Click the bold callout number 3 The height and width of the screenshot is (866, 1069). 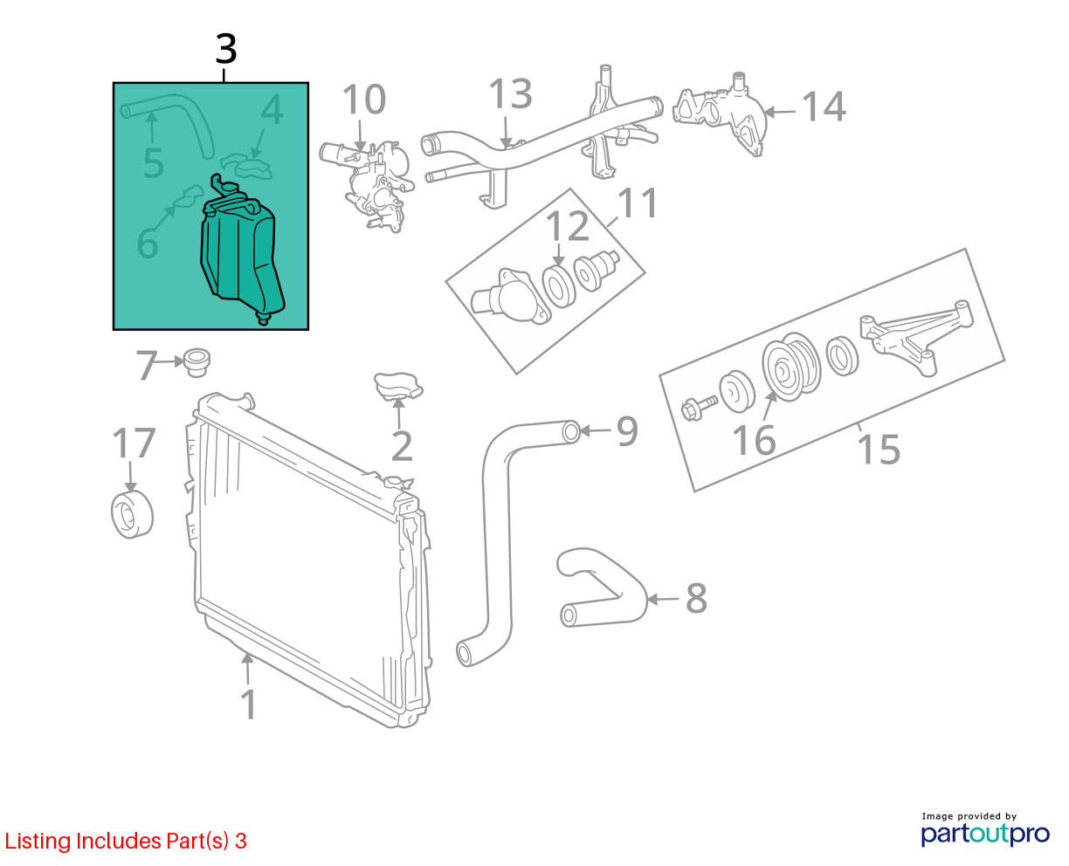point(226,49)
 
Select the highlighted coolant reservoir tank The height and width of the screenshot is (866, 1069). point(241,251)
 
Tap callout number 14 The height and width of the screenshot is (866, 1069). point(824,107)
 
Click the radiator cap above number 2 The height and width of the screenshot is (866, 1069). point(398,386)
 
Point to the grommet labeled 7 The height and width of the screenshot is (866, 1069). point(197,361)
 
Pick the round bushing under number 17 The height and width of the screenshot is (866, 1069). point(132,515)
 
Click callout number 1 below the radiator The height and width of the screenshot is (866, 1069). point(249,705)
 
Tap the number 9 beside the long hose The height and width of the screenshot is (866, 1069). point(627,430)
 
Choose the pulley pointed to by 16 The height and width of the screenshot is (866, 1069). point(791,367)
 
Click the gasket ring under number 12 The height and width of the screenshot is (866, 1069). point(559,286)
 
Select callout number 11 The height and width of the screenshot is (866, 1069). point(638,203)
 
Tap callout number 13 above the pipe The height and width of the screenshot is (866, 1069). point(510,93)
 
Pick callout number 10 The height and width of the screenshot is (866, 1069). point(364,99)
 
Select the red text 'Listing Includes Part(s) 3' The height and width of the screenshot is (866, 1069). point(126,841)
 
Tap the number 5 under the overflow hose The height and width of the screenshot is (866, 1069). point(153,163)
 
